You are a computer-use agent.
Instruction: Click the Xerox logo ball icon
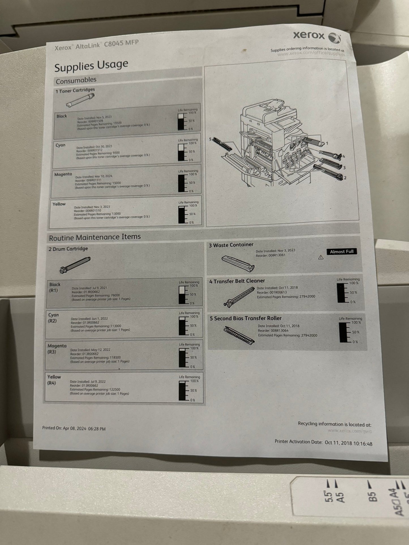click(x=334, y=38)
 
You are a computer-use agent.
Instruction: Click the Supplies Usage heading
click(x=91, y=66)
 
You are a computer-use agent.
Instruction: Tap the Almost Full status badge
click(x=341, y=251)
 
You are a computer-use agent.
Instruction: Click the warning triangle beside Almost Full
click(x=321, y=257)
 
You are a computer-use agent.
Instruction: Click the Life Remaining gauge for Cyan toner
click(x=181, y=152)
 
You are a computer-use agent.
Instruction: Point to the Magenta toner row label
click(x=63, y=174)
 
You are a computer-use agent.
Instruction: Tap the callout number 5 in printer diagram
click(x=210, y=139)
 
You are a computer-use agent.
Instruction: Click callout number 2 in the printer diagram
click(x=345, y=178)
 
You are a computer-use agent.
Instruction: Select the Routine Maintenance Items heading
click(x=95, y=237)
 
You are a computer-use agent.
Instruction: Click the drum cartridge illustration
click(x=75, y=265)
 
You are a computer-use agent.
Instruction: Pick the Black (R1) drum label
click(x=55, y=287)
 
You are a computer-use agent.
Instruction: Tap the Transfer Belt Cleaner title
click(x=237, y=281)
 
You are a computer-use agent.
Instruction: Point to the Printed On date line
click(x=74, y=428)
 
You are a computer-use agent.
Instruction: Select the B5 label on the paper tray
click(x=373, y=496)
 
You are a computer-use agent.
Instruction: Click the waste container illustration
click(x=238, y=263)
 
